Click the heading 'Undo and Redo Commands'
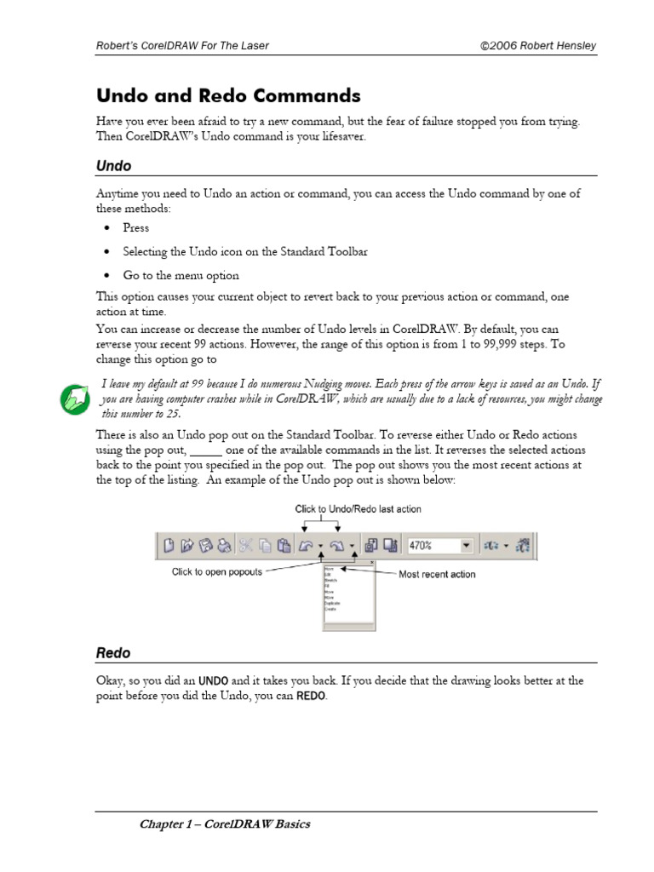(x=228, y=95)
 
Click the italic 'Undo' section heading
(x=113, y=166)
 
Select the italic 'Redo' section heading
(x=113, y=653)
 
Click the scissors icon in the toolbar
(x=244, y=545)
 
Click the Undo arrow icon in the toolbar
(x=305, y=545)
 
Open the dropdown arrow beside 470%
(x=466, y=545)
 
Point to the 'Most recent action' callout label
(x=437, y=575)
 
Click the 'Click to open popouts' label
(x=217, y=572)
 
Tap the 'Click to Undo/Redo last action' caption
(x=358, y=508)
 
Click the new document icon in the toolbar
(x=169, y=545)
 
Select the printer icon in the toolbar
(x=223, y=545)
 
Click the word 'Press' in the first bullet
(x=135, y=228)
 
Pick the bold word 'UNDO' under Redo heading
(x=213, y=681)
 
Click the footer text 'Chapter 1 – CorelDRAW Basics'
(x=225, y=824)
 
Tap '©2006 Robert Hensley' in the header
(x=538, y=45)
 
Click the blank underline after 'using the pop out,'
(x=205, y=450)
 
